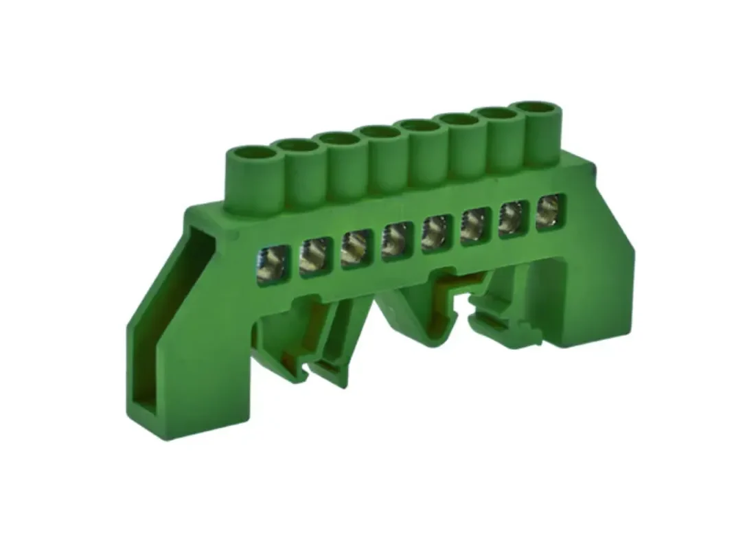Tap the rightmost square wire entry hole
click(x=549, y=207)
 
